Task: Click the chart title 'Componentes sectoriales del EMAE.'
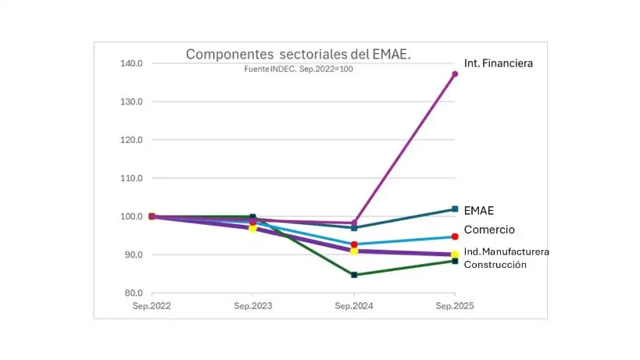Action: click(x=299, y=55)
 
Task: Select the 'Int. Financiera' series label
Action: click(x=498, y=63)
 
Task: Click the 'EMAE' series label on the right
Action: click(x=479, y=210)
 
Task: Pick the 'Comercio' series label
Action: click(x=489, y=230)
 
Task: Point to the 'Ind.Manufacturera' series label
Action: click(x=506, y=251)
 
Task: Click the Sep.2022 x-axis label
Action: click(x=152, y=306)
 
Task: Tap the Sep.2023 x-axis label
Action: click(x=253, y=306)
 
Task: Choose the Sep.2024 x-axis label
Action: click(x=354, y=306)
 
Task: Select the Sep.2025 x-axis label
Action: click(x=455, y=306)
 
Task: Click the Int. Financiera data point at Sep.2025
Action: click(x=455, y=74)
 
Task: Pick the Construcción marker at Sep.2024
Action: click(x=354, y=275)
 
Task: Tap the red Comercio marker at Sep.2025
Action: click(x=455, y=237)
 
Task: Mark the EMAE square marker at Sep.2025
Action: click(x=455, y=209)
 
